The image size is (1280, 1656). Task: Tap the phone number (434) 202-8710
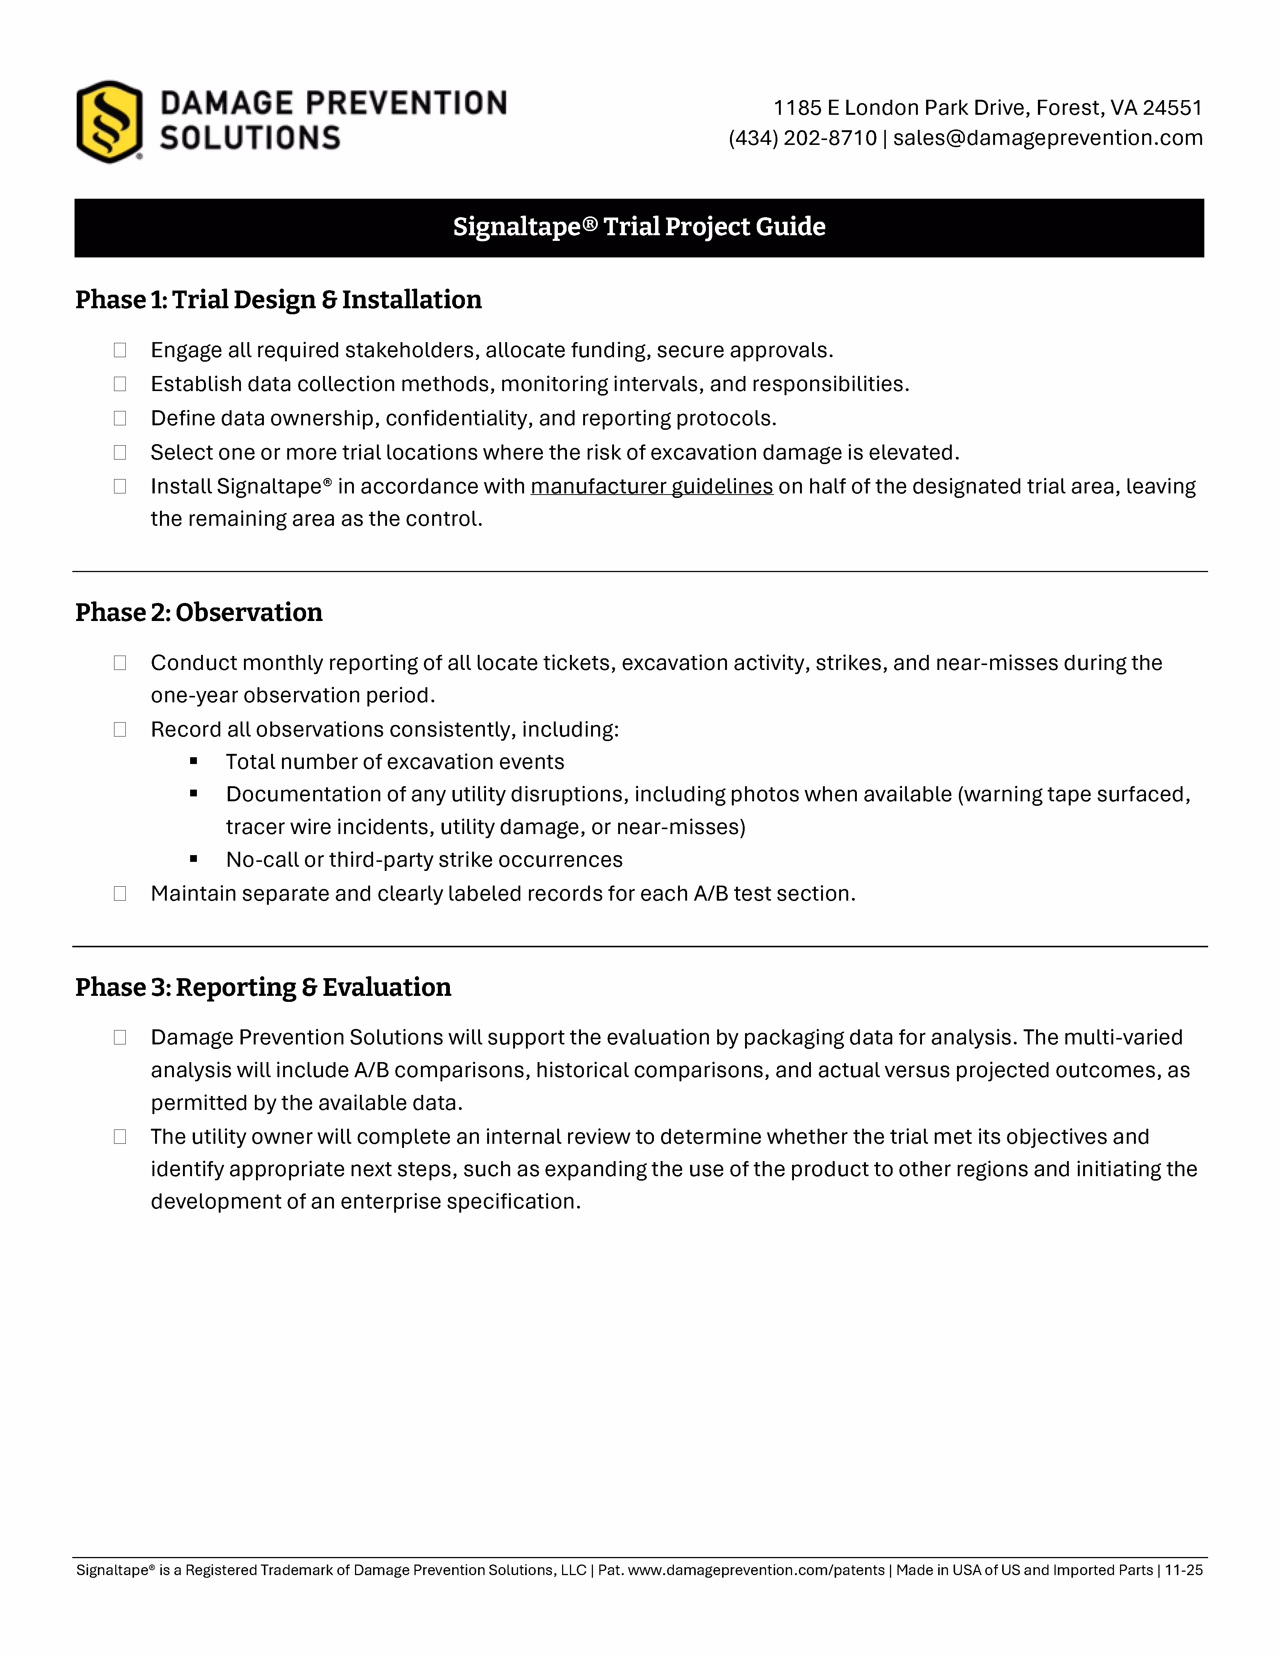tap(802, 138)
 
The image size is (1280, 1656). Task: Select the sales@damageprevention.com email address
tap(1048, 138)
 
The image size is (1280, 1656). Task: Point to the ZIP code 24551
tap(1172, 108)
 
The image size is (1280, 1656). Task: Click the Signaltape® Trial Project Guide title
tap(639, 227)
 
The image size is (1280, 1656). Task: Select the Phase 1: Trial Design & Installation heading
tap(278, 300)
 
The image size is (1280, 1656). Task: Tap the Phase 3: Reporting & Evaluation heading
tap(263, 987)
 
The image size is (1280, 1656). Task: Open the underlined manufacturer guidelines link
tap(651, 486)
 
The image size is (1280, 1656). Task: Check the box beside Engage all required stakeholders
tap(120, 350)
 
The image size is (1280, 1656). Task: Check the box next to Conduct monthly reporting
tap(120, 663)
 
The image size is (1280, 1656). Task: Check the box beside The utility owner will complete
tap(120, 1137)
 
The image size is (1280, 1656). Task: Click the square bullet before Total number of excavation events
tap(194, 761)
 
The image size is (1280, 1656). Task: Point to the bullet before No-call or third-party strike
tap(194, 859)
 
